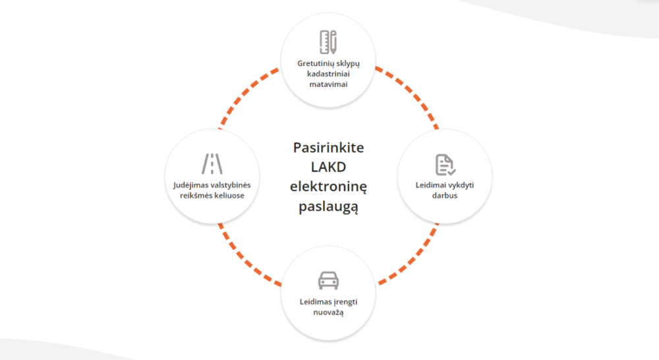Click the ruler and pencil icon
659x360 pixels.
(x=328, y=42)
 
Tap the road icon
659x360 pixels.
(x=212, y=163)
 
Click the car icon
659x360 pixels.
(x=328, y=280)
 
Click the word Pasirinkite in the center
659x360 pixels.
(x=328, y=147)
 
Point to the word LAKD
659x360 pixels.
(x=328, y=167)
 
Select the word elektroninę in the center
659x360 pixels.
(x=328, y=187)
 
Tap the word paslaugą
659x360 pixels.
(x=328, y=207)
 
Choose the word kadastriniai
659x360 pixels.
(x=328, y=75)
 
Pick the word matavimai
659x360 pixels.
(x=328, y=84)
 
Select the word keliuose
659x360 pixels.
(x=227, y=195)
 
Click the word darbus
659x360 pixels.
(x=445, y=195)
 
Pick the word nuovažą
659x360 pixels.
(x=328, y=313)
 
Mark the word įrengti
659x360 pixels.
(x=346, y=302)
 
